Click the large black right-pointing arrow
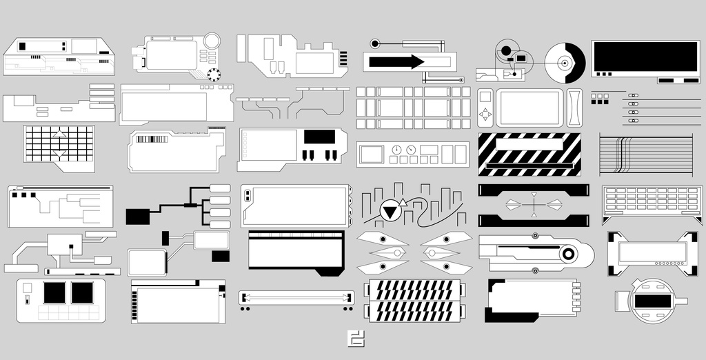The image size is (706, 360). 396,62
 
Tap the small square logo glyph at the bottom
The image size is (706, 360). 356,339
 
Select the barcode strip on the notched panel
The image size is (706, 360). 152,139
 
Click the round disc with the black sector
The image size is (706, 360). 565,63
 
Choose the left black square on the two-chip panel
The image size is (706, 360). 54,292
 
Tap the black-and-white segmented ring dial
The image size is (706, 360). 214,74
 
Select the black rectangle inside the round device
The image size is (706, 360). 653,301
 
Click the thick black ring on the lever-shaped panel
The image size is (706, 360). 567,254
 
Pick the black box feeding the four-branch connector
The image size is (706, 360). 139,216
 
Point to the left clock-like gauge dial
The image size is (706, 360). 396,150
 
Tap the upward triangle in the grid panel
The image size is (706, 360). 59,133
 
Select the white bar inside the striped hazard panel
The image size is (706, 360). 529,145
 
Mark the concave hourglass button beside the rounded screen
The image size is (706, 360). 574,108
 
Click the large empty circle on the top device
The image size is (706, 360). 212,41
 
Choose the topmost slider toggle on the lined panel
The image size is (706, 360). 634,95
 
